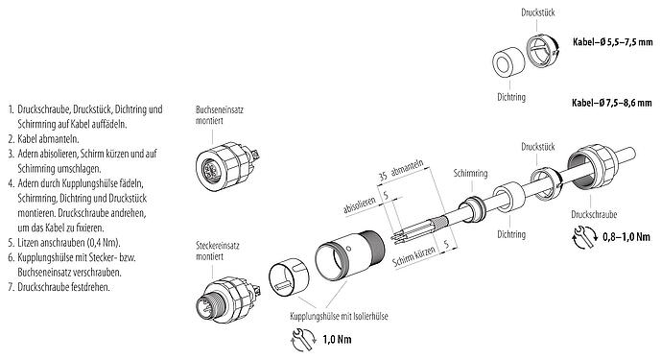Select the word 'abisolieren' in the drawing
pyautogui.click(x=359, y=205)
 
